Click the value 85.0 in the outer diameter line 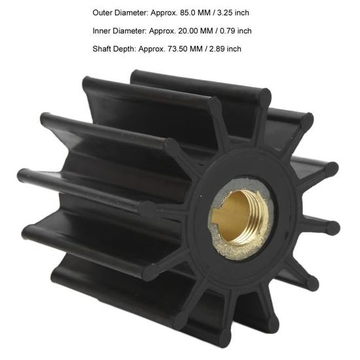187,12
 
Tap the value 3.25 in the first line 224,12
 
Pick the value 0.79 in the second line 227,31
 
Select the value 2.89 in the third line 217,49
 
